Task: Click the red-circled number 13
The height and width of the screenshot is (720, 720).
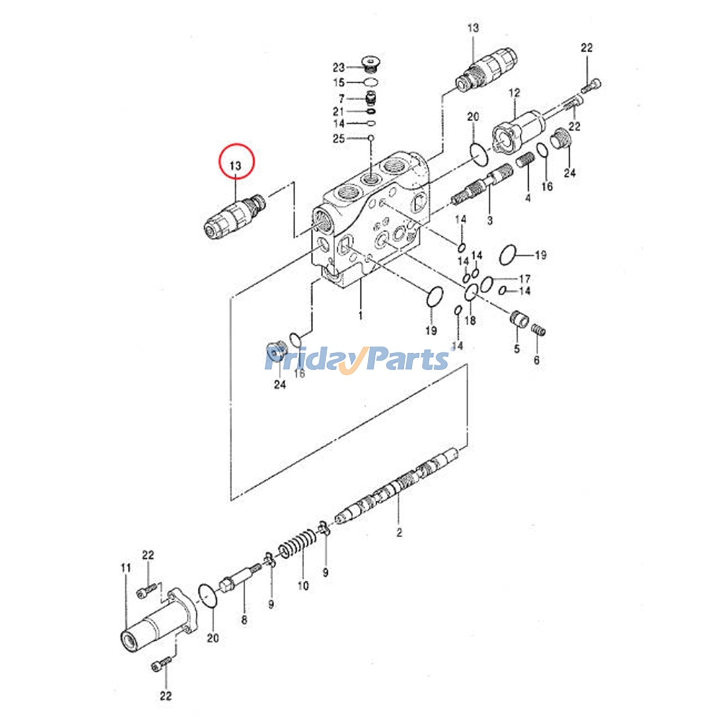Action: coord(236,166)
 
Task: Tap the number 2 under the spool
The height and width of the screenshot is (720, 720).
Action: coord(399,532)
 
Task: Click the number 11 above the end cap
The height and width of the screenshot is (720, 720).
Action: coord(126,568)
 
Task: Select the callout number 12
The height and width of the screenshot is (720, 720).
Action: coord(514,93)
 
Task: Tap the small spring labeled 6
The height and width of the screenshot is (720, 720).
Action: coord(539,331)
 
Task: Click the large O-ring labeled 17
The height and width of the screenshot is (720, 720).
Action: coord(486,284)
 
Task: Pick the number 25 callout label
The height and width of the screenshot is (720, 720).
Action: coord(338,139)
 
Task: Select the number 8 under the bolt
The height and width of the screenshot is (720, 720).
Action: coord(244,620)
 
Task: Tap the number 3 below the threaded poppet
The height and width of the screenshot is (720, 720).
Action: coord(490,220)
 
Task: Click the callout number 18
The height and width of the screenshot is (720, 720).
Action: coord(470,320)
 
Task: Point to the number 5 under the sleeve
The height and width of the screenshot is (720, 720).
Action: coord(517,348)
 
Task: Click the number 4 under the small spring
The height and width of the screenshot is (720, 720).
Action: coord(528,198)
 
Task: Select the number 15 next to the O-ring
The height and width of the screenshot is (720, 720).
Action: coord(338,82)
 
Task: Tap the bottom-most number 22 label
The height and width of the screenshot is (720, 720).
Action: coord(166,696)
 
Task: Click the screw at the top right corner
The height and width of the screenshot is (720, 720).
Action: coord(591,85)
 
